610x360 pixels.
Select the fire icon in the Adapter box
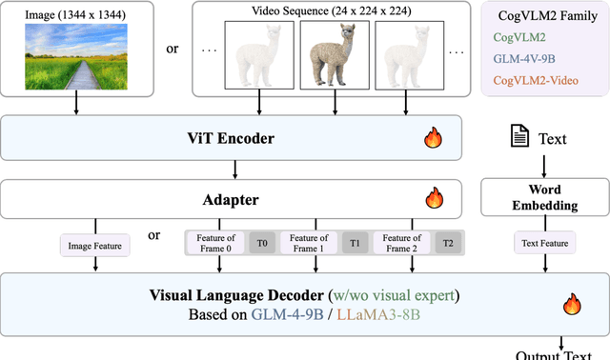point(435,200)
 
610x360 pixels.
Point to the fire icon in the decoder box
point(572,305)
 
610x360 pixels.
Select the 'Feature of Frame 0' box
point(214,243)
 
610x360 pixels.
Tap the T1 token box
point(355,243)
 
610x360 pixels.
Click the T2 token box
point(447,243)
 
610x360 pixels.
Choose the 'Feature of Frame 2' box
point(401,243)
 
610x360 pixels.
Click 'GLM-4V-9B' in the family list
point(523,58)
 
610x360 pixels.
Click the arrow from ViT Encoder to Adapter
point(235,170)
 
